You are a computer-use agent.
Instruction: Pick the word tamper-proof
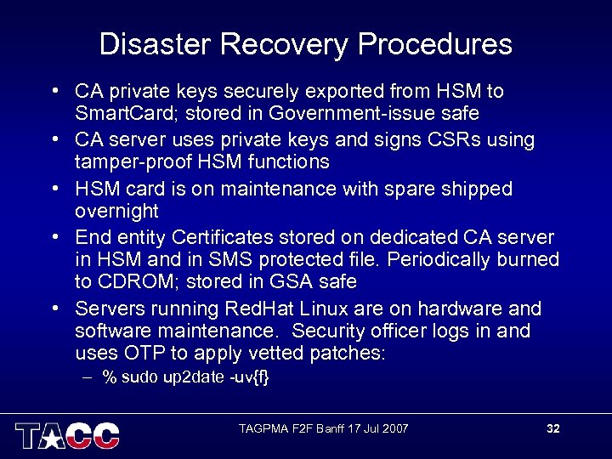(135, 161)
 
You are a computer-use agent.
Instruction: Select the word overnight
(116, 211)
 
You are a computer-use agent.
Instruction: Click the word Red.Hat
(265, 309)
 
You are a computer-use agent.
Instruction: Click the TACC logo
(67, 434)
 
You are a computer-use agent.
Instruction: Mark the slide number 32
(553, 428)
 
